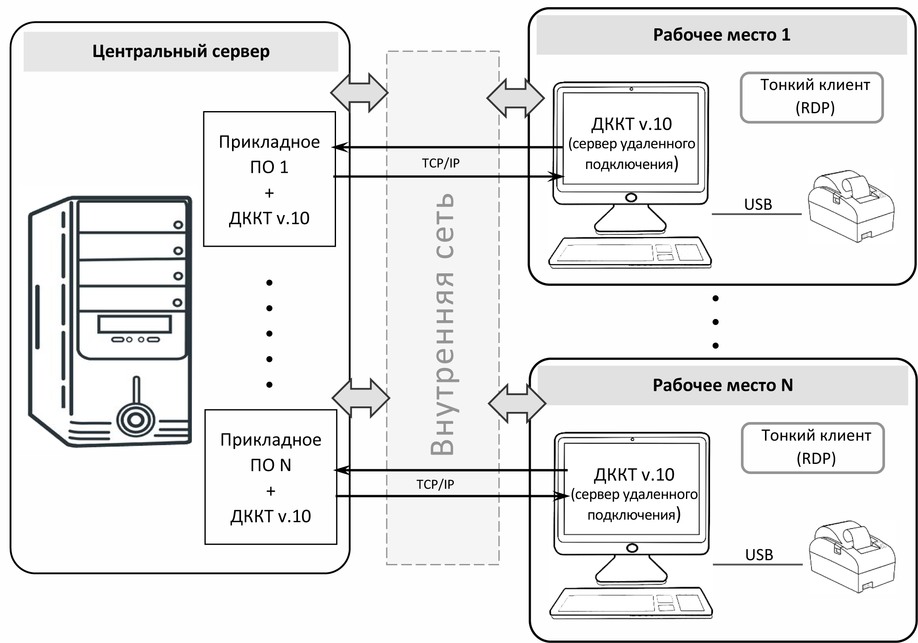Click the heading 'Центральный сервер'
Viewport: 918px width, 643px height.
[x=181, y=52]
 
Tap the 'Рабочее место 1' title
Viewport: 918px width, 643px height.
[x=721, y=35]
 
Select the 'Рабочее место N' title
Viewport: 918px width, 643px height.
[x=722, y=385]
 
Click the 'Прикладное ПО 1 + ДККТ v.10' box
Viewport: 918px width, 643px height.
[x=269, y=179]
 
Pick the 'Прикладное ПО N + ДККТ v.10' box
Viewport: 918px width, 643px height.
[x=270, y=477]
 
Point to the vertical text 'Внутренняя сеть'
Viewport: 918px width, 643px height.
[x=442, y=324]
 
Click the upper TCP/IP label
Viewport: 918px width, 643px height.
[x=440, y=163]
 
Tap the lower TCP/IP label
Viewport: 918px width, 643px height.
[x=435, y=484]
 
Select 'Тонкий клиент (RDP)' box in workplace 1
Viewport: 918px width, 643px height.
[x=811, y=97]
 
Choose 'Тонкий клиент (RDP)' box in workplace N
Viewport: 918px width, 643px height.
[x=813, y=448]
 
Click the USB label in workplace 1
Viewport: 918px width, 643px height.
[x=758, y=204]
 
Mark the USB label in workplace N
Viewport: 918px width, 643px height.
[x=759, y=555]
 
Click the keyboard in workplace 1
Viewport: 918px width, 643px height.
[x=629, y=253]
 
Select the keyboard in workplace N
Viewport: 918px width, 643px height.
[x=631, y=604]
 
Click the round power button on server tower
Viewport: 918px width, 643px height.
[x=135, y=420]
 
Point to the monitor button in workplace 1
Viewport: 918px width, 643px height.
[x=631, y=198]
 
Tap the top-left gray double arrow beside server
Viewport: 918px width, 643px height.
[x=359, y=93]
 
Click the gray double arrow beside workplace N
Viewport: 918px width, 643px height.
[x=517, y=403]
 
